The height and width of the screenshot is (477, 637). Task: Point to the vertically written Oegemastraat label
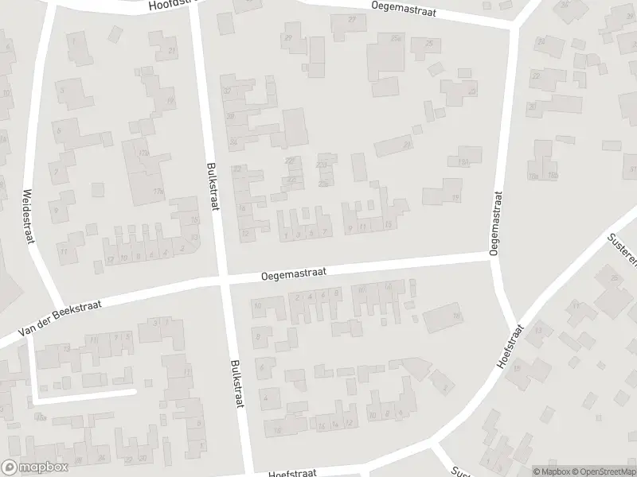pos(496,223)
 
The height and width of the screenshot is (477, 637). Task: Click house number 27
pos(352,19)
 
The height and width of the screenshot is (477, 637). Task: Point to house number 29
pos(287,37)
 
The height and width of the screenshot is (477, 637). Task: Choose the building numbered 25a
pos(396,37)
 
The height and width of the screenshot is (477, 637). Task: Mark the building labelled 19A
pos(463,161)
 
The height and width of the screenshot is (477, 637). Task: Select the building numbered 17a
pos(143,152)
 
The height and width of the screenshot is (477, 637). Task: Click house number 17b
pos(158,191)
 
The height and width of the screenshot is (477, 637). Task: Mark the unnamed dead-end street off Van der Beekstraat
pos(88,394)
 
